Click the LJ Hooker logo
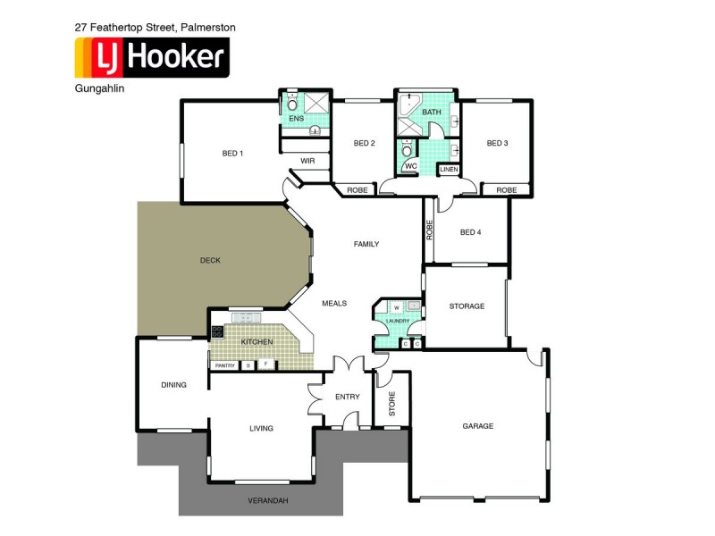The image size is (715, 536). pyautogui.click(x=151, y=58)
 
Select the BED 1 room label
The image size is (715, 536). pyautogui.click(x=232, y=154)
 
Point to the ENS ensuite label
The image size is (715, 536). pyautogui.click(x=295, y=118)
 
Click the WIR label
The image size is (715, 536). pyautogui.click(x=307, y=162)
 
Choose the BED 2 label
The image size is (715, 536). pyautogui.click(x=364, y=143)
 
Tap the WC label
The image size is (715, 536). pyautogui.click(x=410, y=166)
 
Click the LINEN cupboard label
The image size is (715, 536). pyautogui.click(x=449, y=169)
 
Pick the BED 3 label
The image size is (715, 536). pyautogui.click(x=497, y=143)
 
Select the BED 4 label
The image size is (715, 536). pyautogui.click(x=470, y=232)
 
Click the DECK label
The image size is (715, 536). pyautogui.click(x=210, y=260)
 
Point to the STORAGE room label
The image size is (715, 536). pyautogui.click(x=467, y=306)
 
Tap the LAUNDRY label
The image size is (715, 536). pyautogui.click(x=398, y=322)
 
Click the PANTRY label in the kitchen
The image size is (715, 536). pyautogui.click(x=224, y=364)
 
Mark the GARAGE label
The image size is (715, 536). pyautogui.click(x=478, y=426)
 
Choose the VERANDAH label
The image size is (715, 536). pyautogui.click(x=268, y=500)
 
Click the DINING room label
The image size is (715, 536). pyautogui.click(x=173, y=385)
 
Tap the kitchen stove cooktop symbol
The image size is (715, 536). pyautogui.click(x=216, y=332)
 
